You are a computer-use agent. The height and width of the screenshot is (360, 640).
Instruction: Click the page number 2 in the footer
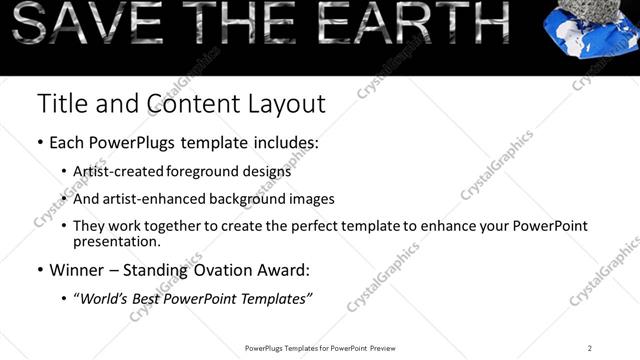[x=590, y=348]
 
